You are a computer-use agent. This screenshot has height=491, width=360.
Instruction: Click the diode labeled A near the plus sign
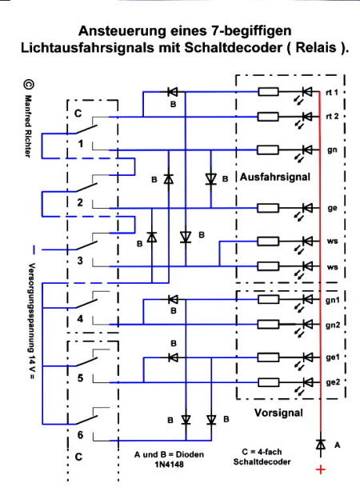tap(320, 445)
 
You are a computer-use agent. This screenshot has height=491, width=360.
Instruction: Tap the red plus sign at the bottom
tap(321, 469)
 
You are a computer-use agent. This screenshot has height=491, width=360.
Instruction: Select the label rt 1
tap(332, 93)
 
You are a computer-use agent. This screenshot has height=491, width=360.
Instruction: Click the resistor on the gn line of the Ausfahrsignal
tap(267, 150)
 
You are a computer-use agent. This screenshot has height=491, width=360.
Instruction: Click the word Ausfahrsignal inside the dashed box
tap(275, 177)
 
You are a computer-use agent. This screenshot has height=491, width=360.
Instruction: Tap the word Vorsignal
tap(278, 413)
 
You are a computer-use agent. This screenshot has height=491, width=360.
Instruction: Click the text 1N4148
tap(169, 464)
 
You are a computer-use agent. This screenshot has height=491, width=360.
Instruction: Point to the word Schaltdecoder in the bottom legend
tap(262, 461)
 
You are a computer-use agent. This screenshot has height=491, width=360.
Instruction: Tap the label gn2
tap(333, 325)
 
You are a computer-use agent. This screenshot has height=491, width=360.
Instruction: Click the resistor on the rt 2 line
tap(267, 117)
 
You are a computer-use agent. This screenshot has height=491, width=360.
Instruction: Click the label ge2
tap(333, 382)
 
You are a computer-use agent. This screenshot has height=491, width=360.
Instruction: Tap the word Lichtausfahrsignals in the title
tap(87, 48)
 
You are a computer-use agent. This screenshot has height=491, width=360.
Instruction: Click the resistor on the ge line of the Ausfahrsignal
tap(267, 208)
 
